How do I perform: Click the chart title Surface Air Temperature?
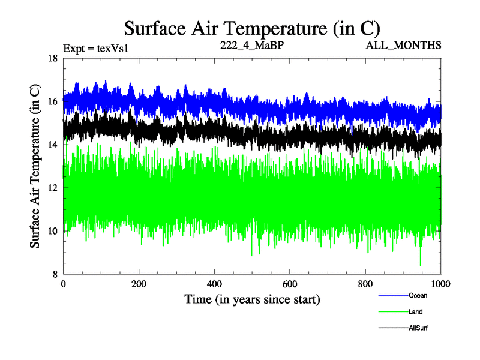click(x=252, y=28)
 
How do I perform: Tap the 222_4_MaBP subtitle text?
click(x=243, y=45)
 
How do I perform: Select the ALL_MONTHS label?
click(x=407, y=45)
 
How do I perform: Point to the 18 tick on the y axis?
click(x=52, y=58)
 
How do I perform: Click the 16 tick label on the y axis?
click(x=52, y=101)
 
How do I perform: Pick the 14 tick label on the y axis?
click(x=52, y=145)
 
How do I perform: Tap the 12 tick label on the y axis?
click(x=52, y=188)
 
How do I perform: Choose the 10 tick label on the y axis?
click(x=52, y=231)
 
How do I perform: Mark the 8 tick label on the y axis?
click(x=54, y=274)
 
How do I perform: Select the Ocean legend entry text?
click(x=418, y=296)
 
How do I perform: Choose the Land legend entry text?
click(x=416, y=312)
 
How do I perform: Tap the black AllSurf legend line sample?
click(x=393, y=328)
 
